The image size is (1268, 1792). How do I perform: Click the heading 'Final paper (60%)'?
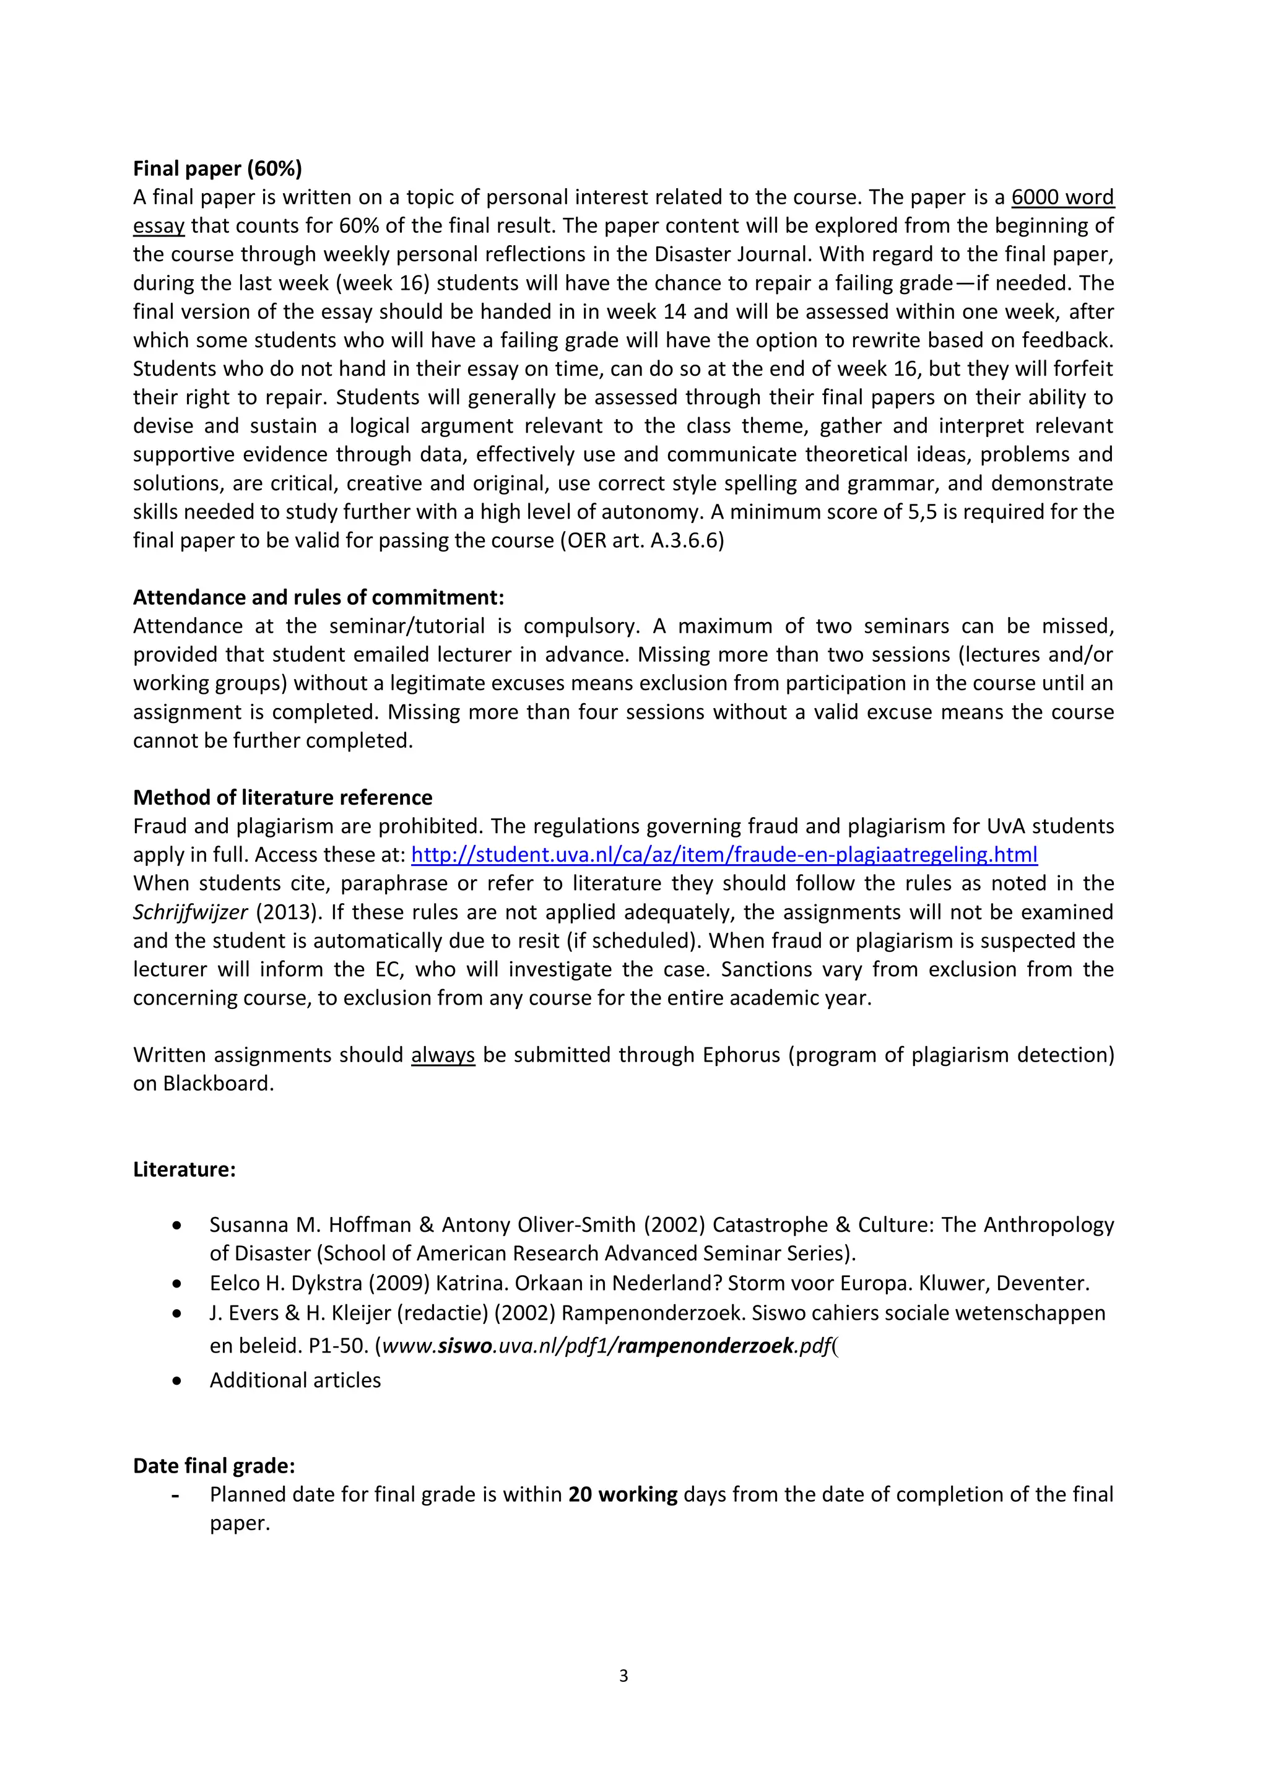tap(217, 168)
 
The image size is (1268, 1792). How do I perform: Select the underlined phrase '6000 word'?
tap(1062, 197)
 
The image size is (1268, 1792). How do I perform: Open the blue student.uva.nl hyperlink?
tap(724, 855)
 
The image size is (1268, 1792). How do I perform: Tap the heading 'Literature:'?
tap(185, 1169)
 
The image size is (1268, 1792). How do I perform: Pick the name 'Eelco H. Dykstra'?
tap(286, 1283)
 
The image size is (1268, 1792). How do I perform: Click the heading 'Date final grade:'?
tap(214, 1466)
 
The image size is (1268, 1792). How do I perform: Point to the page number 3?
tap(623, 1676)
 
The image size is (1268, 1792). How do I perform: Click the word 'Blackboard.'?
tap(219, 1083)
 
